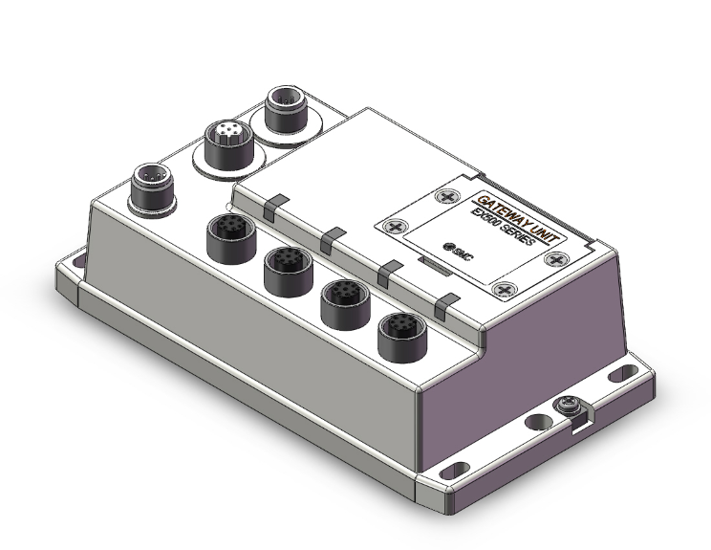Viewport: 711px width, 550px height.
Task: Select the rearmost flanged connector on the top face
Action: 287,104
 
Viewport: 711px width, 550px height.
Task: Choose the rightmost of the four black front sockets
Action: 397,336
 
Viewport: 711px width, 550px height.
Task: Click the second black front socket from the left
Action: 284,267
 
